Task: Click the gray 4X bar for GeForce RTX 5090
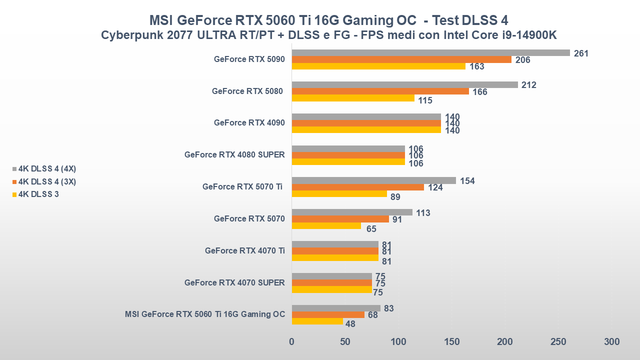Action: [430, 53]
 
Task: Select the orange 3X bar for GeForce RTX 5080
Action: [380, 91]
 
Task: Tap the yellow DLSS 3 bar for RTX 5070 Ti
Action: [339, 194]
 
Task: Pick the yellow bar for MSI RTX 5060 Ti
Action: [317, 321]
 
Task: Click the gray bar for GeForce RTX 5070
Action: [352, 212]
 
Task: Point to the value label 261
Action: [581, 53]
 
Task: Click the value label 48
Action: [350, 323]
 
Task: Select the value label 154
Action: [467, 181]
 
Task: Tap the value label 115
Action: [425, 100]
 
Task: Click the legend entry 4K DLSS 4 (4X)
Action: [46, 168]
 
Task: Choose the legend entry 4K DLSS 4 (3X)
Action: [46, 181]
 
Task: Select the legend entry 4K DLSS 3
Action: [38, 194]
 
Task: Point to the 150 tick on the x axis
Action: [451, 342]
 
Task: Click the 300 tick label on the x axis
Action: [611, 342]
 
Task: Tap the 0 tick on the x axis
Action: [292, 342]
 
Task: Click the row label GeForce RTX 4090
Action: [249, 123]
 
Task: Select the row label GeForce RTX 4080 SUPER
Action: [234, 155]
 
